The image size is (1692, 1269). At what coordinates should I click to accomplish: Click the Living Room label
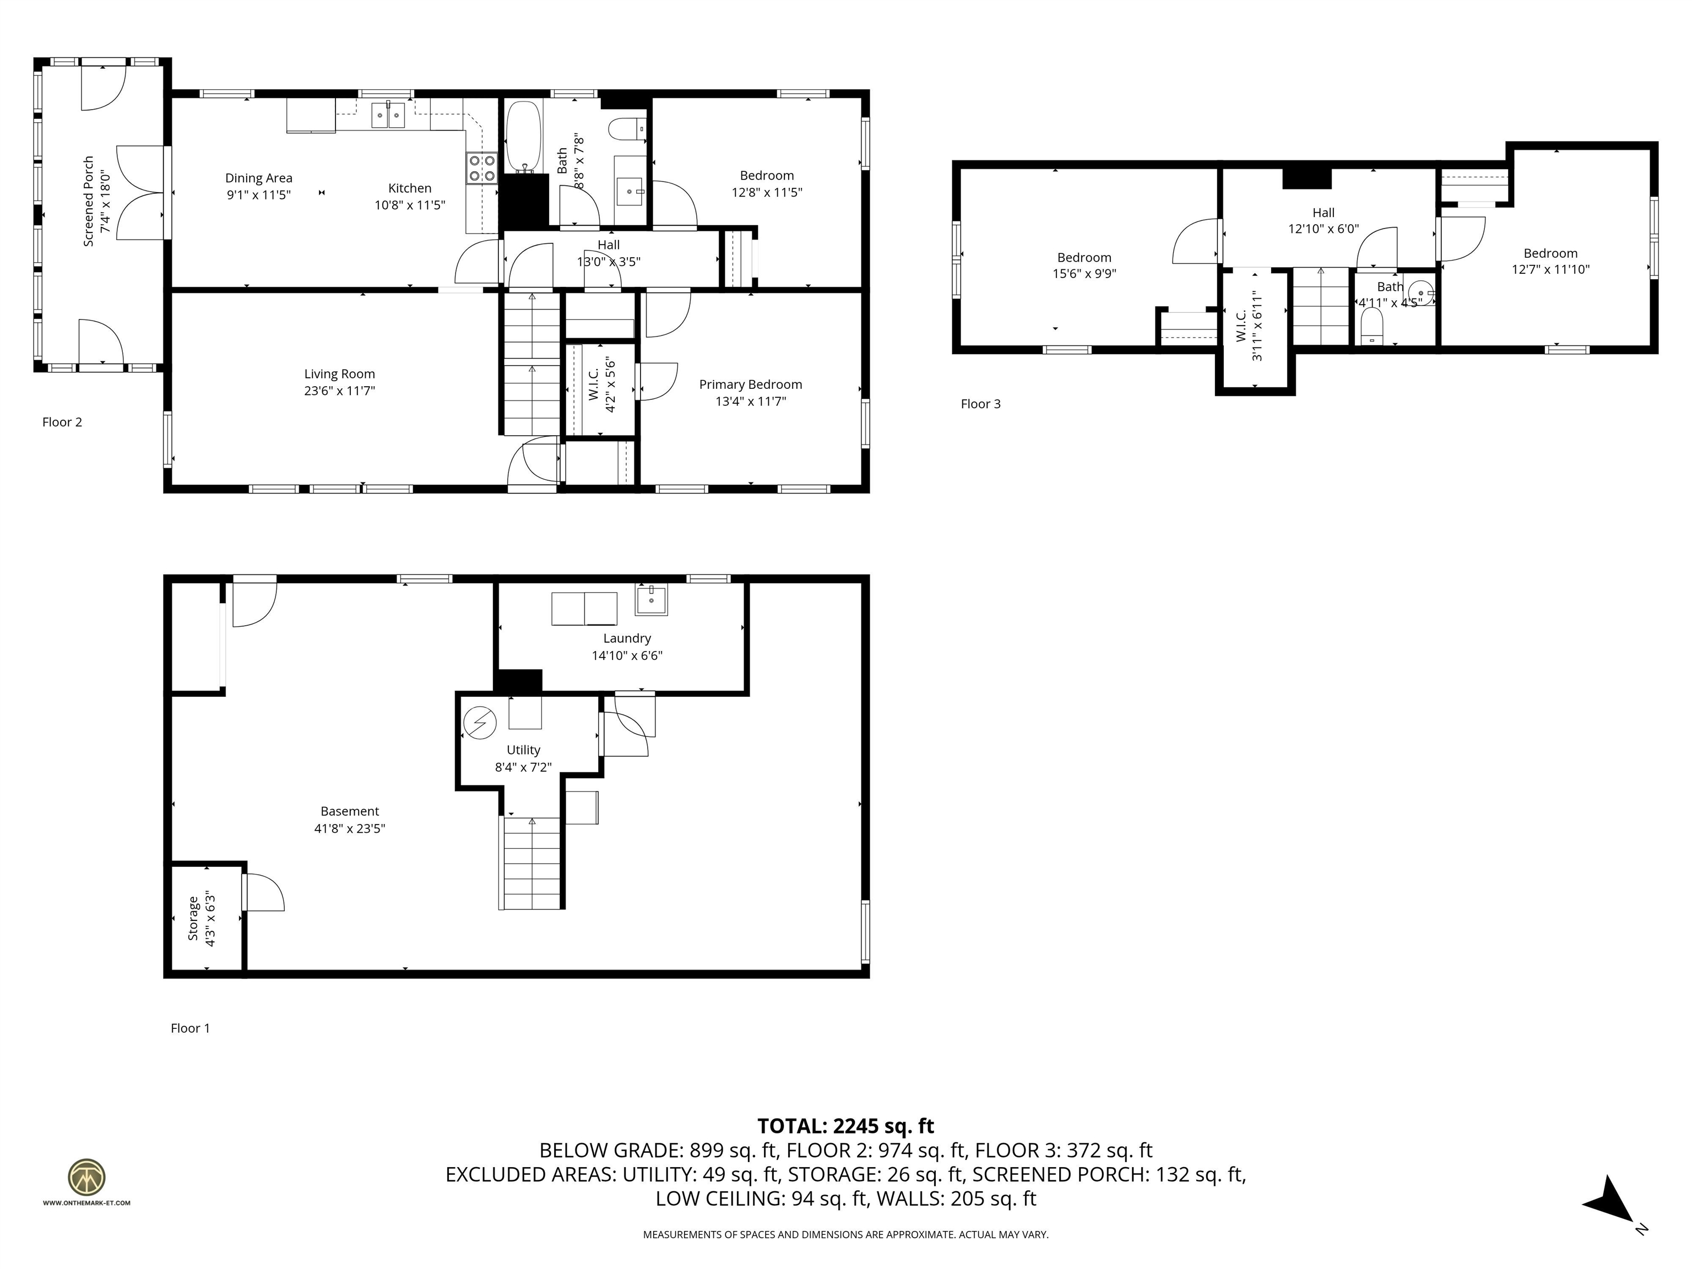(340, 374)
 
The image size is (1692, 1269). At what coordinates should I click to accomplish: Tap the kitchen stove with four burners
(482, 169)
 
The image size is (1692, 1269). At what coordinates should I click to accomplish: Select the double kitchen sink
(389, 115)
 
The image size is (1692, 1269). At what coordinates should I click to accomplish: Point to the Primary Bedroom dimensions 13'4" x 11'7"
(750, 402)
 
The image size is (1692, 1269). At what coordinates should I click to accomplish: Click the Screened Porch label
(89, 201)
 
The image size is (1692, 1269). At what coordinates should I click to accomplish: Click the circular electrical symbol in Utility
(480, 722)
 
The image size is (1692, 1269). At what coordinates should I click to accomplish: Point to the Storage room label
(193, 919)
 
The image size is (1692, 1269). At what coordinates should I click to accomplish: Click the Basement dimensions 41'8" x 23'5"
(350, 828)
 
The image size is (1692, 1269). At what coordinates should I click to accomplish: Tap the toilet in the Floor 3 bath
(1372, 326)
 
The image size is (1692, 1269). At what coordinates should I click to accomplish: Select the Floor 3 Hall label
(1324, 213)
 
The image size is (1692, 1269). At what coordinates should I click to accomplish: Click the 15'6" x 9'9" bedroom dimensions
(1084, 274)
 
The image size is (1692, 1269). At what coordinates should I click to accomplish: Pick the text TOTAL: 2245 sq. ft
(845, 1126)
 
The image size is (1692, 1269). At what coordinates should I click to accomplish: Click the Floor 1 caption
(189, 1029)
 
